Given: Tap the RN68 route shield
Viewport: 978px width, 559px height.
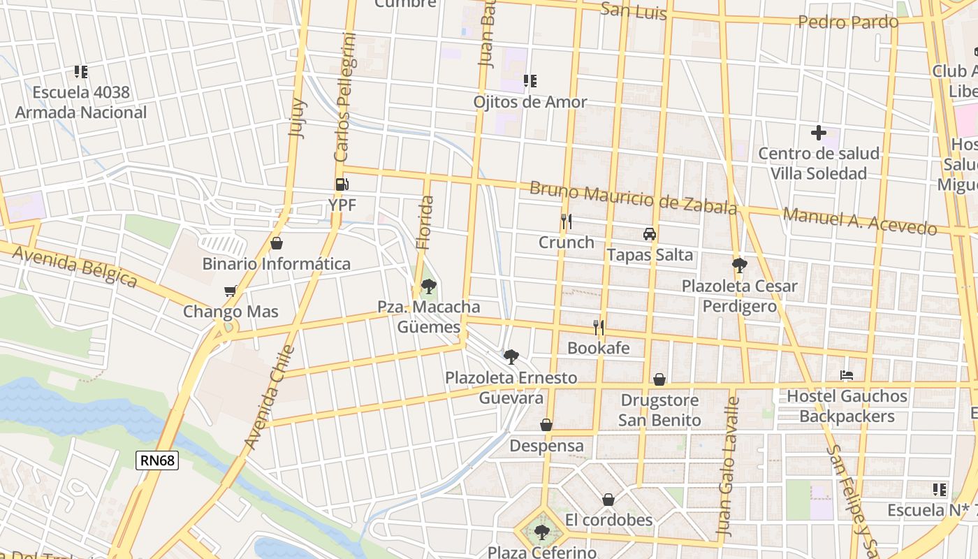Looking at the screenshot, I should tap(157, 460).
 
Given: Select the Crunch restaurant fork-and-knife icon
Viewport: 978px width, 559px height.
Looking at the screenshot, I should tap(567, 222).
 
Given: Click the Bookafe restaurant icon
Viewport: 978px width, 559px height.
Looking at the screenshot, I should tap(598, 327).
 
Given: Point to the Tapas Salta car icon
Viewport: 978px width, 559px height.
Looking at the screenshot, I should tap(650, 234).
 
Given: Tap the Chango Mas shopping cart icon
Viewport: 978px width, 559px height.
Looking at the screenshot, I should tap(231, 291).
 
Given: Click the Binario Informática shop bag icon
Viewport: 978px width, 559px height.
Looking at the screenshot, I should tap(276, 243).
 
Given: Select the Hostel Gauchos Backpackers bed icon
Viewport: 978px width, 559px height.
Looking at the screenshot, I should tap(847, 375).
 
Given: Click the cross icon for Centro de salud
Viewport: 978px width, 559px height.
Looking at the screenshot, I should tap(819, 132).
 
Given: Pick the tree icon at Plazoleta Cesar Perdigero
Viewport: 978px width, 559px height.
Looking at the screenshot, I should tap(740, 266).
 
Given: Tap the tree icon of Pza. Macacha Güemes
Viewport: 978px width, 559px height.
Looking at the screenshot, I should tap(429, 286).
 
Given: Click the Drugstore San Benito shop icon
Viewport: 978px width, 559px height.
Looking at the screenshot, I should tap(659, 379).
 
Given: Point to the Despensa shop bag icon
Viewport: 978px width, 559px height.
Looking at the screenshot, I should tap(546, 425).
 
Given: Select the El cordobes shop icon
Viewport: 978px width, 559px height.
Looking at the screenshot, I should tap(608, 500).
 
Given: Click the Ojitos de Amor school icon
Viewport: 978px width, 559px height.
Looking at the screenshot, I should tap(530, 81).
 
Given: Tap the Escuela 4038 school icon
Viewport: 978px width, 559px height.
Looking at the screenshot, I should tap(81, 71).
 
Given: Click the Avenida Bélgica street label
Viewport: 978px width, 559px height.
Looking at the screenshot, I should tap(74, 266).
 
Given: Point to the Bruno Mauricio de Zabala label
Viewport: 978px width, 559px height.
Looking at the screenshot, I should tap(633, 198).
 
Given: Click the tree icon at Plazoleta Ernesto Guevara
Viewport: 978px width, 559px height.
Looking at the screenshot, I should tap(511, 357).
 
